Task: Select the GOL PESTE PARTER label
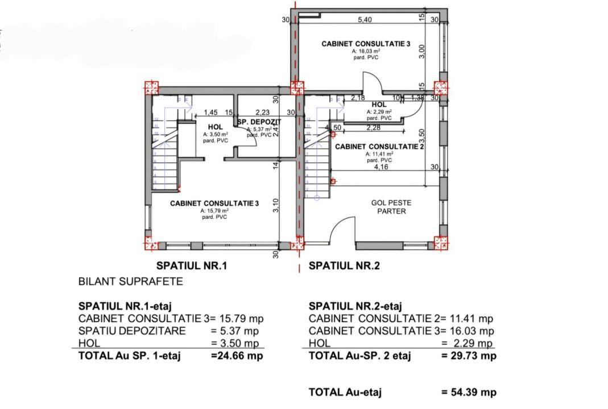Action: tap(391, 207)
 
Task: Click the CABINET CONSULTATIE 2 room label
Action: tap(380, 147)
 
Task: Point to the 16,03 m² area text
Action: tap(366, 51)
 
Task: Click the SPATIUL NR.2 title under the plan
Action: tap(344, 265)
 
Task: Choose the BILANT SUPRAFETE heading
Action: tap(130, 281)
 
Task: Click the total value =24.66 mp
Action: tap(237, 356)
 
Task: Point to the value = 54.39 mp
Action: tap(469, 392)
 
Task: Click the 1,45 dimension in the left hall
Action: tap(211, 113)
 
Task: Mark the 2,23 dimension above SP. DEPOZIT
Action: tap(262, 113)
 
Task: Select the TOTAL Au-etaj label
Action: tap(345, 392)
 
